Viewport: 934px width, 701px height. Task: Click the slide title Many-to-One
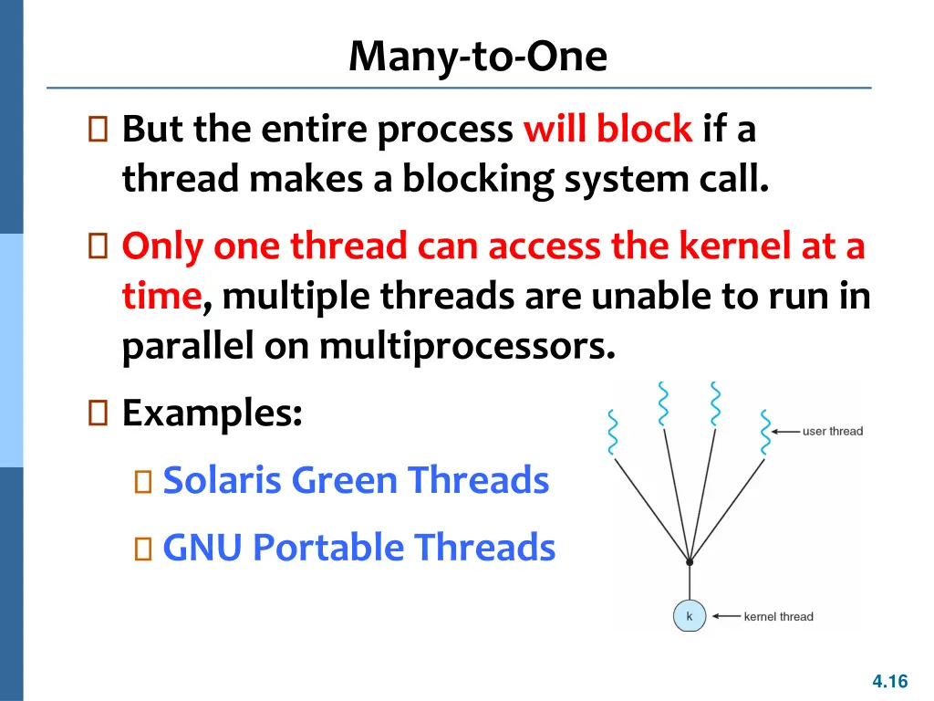(x=477, y=57)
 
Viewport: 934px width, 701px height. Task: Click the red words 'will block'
(x=607, y=130)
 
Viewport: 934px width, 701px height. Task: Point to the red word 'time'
(x=161, y=297)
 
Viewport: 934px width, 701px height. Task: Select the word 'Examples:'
(x=213, y=414)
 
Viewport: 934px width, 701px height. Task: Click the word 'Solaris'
(x=217, y=480)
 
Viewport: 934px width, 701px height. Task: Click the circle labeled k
(x=689, y=617)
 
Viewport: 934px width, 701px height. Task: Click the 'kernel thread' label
(x=778, y=617)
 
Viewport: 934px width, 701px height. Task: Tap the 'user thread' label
(x=832, y=431)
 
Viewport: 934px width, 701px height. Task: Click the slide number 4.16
(x=889, y=681)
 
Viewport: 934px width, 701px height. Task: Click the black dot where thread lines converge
(x=689, y=562)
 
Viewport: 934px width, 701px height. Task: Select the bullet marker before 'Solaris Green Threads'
(x=142, y=481)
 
